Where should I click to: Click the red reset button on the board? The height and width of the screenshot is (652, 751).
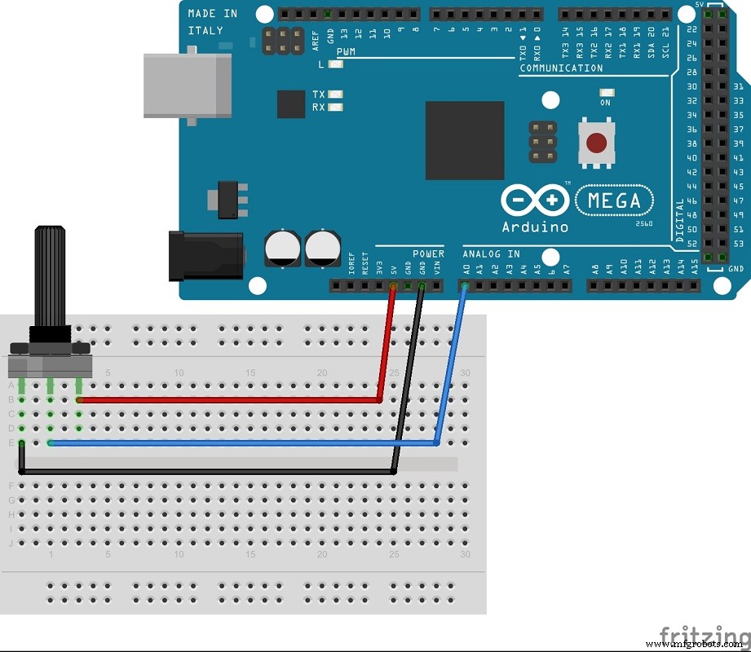[x=596, y=143]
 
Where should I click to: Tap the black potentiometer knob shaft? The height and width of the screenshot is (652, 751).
[x=48, y=277]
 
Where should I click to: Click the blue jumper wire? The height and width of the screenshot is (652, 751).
[x=245, y=443]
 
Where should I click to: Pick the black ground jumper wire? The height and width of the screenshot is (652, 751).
[x=204, y=471]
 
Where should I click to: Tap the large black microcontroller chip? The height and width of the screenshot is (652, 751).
[x=464, y=140]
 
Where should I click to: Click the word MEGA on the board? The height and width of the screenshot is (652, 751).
[x=614, y=200]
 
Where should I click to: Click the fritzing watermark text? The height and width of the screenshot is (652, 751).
[x=703, y=635]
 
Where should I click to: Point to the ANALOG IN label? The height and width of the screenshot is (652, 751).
[x=491, y=254]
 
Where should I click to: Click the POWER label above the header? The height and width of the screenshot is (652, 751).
[x=428, y=254]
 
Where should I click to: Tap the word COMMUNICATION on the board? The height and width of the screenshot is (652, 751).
[x=561, y=68]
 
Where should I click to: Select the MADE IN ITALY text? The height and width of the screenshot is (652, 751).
[x=213, y=22]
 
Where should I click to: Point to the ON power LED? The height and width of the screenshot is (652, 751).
[x=605, y=91]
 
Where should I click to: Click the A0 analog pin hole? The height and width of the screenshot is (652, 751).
[x=465, y=286]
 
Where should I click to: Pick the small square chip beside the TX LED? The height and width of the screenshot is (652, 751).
[x=291, y=104]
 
